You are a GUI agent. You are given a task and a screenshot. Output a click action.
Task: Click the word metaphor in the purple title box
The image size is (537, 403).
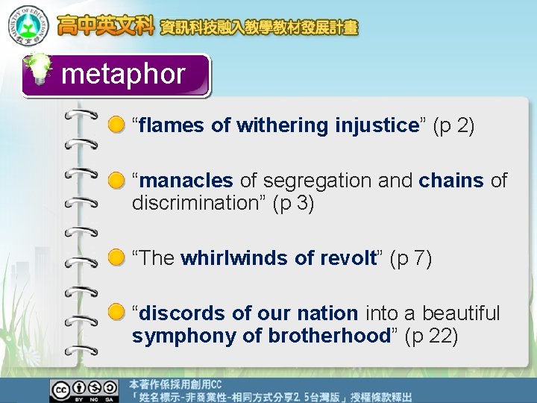(x=123, y=74)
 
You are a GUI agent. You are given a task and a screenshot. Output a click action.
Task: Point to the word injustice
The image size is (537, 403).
(x=377, y=125)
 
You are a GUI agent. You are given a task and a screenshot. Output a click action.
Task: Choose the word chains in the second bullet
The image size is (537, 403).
(x=451, y=181)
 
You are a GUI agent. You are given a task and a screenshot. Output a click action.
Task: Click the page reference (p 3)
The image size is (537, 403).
(x=293, y=203)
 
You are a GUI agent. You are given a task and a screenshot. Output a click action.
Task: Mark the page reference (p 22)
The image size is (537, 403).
(x=431, y=336)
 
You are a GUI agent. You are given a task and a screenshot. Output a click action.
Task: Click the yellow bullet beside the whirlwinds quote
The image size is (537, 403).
(x=116, y=258)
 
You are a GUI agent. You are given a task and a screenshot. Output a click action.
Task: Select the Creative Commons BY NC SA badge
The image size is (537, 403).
(x=84, y=390)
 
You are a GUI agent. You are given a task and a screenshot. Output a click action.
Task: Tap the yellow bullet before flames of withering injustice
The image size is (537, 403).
(x=116, y=125)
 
